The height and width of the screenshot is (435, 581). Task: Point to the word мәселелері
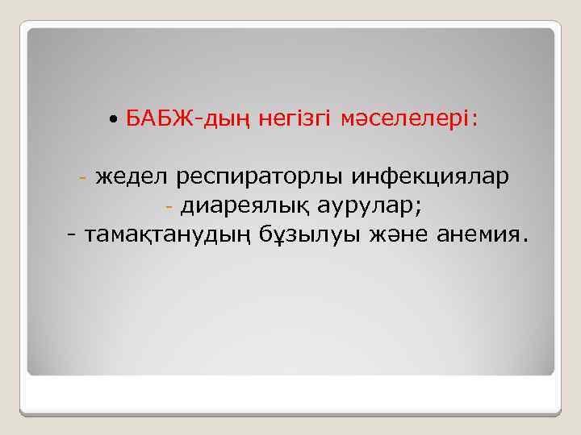[405, 120]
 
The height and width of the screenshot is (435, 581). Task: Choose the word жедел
[132, 177]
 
